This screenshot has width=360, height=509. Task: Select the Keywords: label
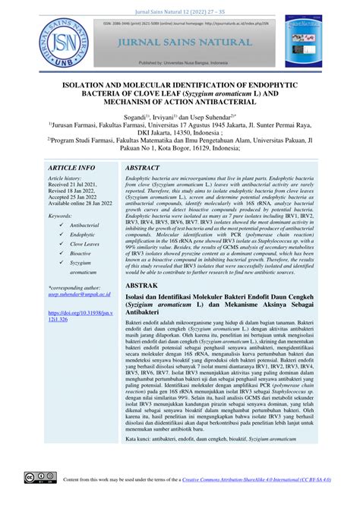63,216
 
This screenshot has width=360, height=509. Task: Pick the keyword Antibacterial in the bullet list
84,226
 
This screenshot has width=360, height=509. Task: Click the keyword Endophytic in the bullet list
83,236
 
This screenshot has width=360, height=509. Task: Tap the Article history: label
68,178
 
